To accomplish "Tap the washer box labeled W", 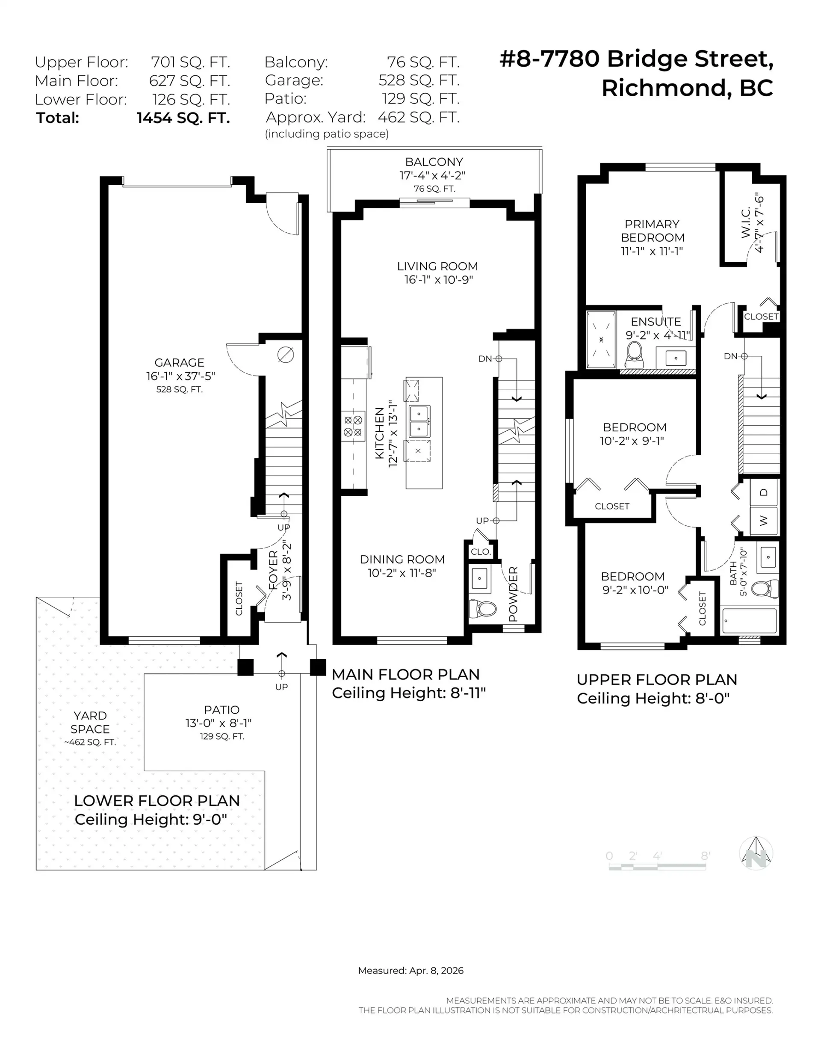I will pyautogui.click(x=764, y=521).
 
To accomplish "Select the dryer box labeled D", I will pyautogui.click(x=764, y=492).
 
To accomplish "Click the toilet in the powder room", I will pyautogui.click(x=482, y=608).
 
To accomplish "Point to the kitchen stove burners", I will pyautogui.click(x=353, y=426).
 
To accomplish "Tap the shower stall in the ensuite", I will pyautogui.click(x=601, y=340).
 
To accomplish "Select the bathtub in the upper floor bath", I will pyautogui.click(x=749, y=621).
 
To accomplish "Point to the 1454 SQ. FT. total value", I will pyautogui.click(x=183, y=118).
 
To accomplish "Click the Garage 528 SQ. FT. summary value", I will pyautogui.click(x=419, y=80).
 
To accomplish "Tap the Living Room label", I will pyautogui.click(x=437, y=266).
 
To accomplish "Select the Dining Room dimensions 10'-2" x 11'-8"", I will pyautogui.click(x=402, y=573).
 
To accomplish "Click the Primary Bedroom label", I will pyautogui.click(x=652, y=231).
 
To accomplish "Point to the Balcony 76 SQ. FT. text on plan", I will pyautogui.click(x=434, y=189).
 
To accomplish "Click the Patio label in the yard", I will pyautogui.click(x=221, y=710).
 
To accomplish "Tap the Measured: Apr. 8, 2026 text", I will pyautogui.click(x=410, y=971).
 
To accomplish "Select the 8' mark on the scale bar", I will pyautogui.click(x=705, y=856).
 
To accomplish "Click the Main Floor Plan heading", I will pyautogui.click(x=405, y=675).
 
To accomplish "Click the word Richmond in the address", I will pyautogui.click(x=664, y=88).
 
